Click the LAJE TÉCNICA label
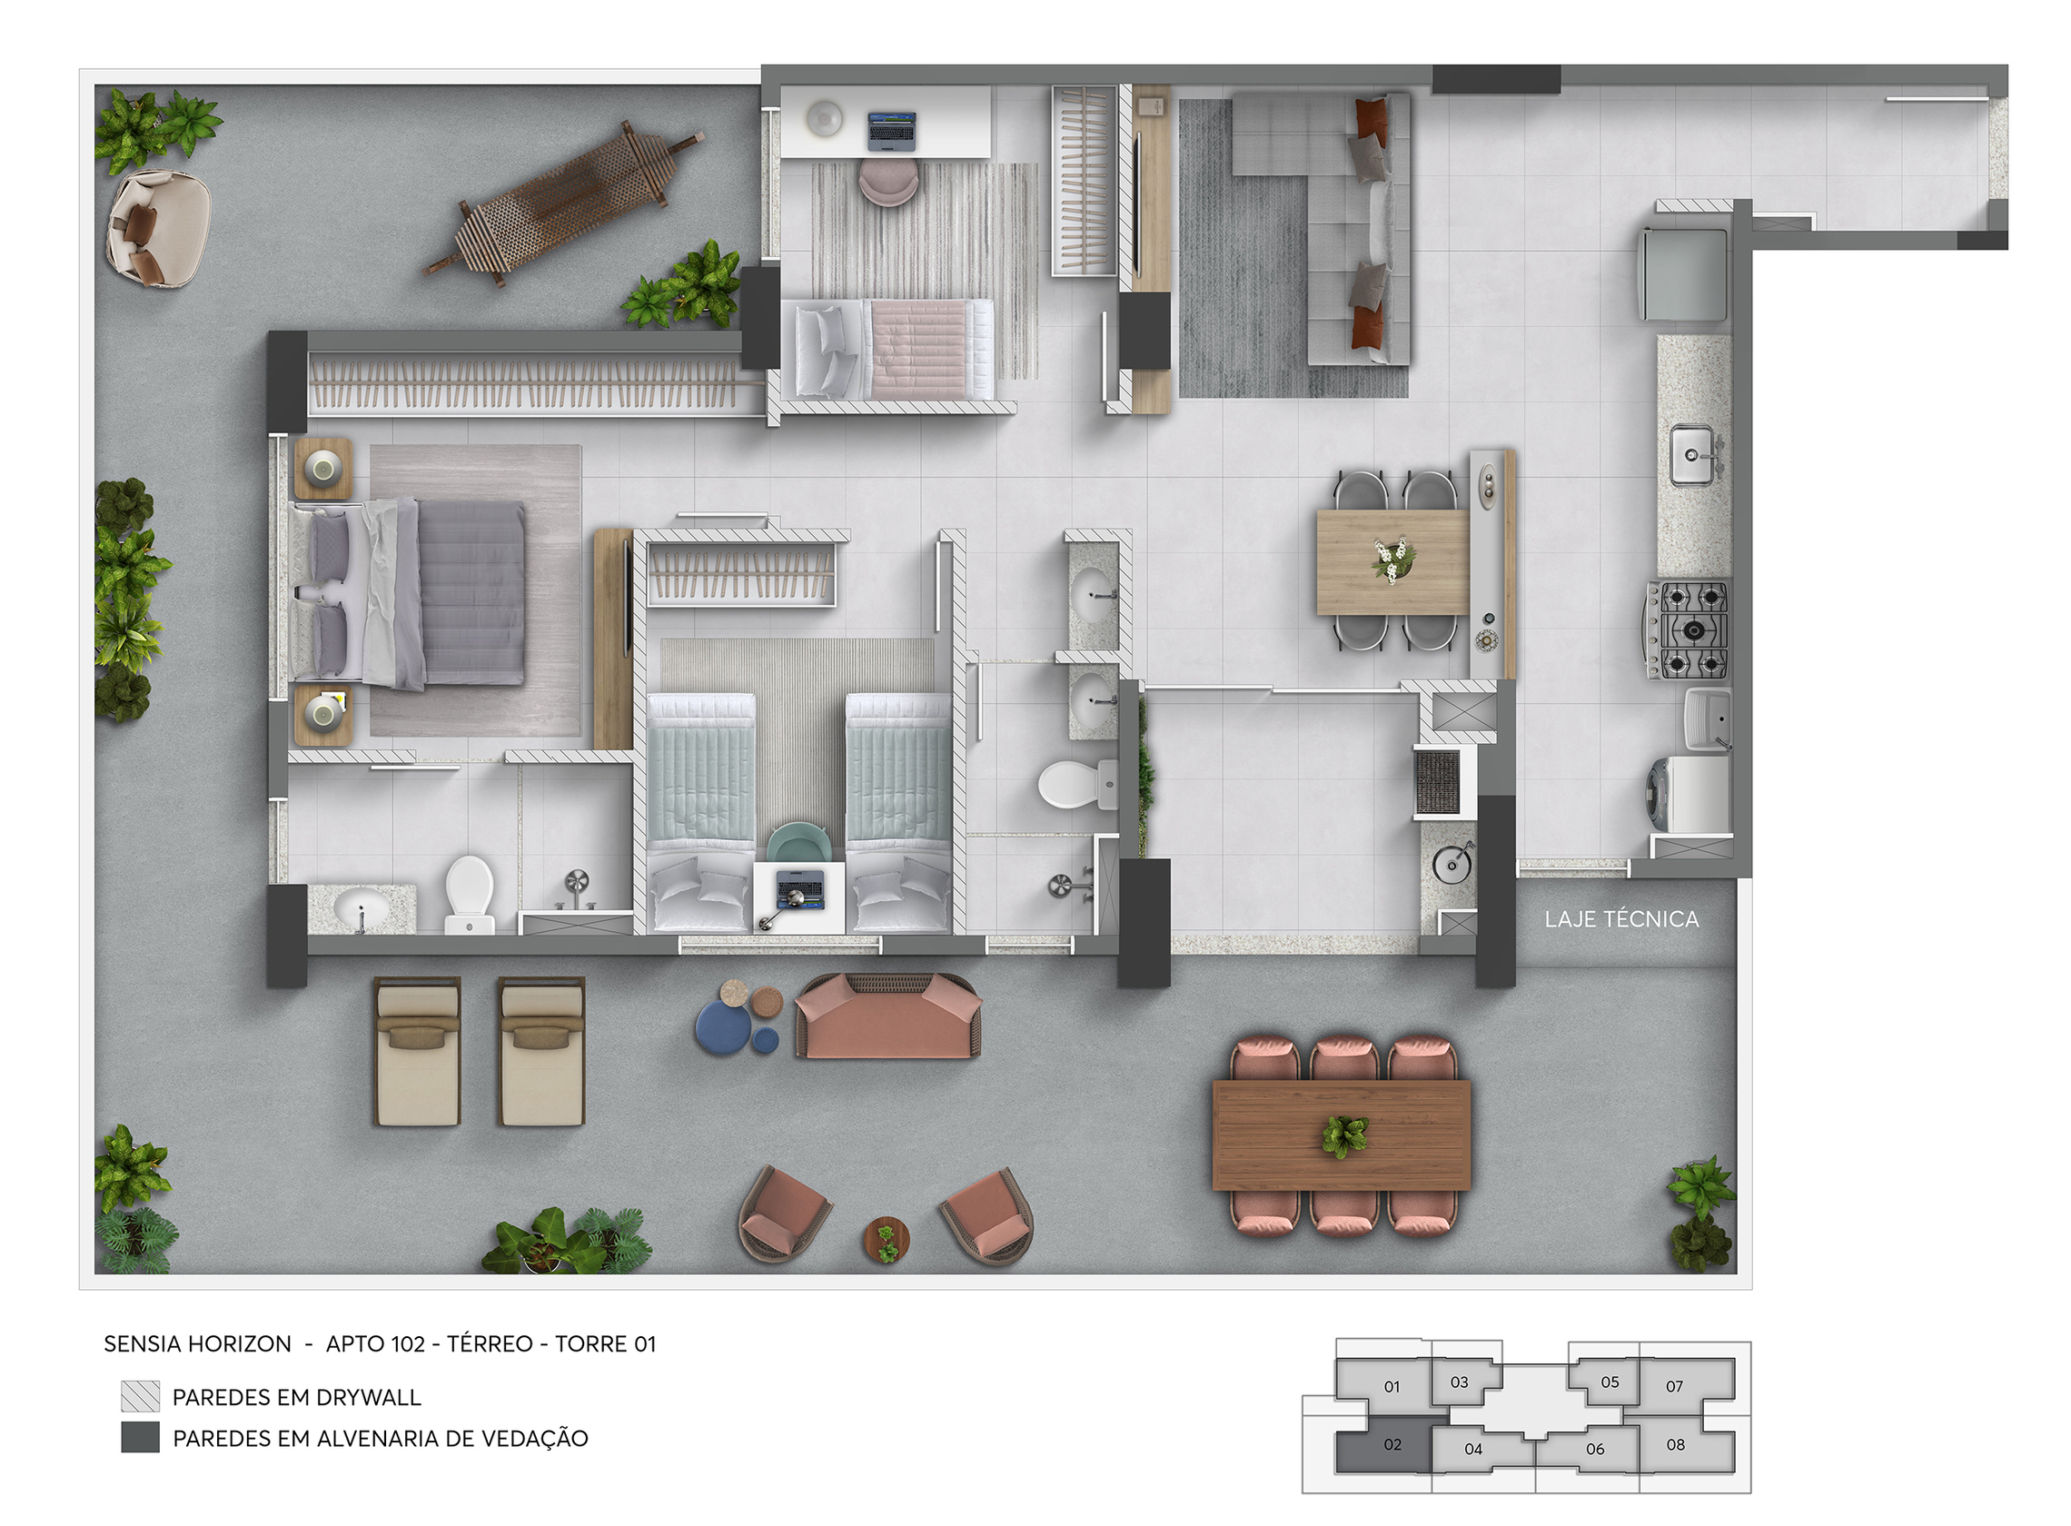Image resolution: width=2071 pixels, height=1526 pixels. coord(1620,919)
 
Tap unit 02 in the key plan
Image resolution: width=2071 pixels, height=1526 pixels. coord(1392,1443)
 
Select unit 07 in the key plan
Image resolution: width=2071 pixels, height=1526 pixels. coord(1674,1385)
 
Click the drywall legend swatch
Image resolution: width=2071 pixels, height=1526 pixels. coord(141,1396)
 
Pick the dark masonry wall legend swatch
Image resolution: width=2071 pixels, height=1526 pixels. coord(141,1437)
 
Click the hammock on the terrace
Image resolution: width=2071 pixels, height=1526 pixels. coord(563,203)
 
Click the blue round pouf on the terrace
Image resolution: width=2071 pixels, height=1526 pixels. coord(721,1028)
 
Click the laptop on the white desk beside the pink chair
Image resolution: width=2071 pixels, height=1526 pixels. coord(890,130)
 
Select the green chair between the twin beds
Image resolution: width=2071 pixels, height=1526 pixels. coord(798,842)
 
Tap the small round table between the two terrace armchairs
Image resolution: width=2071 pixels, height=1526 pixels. coord(886,1239)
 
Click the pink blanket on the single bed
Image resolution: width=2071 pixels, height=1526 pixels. coord(919,348)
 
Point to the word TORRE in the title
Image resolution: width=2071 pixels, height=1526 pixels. coord(590,1343)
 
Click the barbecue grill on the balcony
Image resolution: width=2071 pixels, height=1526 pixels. coord(1436,781)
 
